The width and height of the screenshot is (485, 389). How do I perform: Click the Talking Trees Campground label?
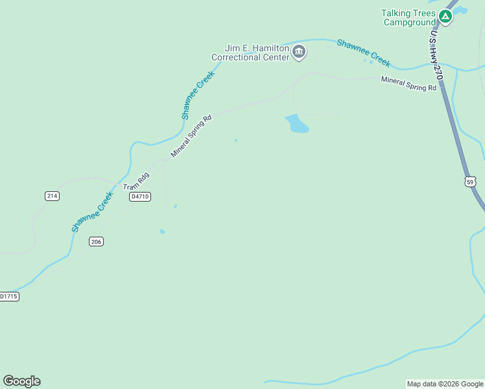[x=408, y=18]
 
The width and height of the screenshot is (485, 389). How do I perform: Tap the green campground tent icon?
[x=445, y=16]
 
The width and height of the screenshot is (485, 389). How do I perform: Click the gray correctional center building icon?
[x=298, y=52]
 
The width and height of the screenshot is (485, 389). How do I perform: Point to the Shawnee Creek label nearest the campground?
[x=364, y=53]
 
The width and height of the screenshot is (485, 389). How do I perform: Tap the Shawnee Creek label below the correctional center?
[x=198, y=95]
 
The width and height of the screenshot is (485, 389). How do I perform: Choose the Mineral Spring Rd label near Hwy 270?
[x=408, y=84]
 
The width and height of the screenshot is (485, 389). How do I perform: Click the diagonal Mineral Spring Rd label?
[x=191, y=136]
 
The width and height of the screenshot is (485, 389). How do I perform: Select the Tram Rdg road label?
[x=137, y=181]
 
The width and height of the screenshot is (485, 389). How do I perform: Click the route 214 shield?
[x=52, y=196]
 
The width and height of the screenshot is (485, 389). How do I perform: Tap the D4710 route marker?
[x=139, y=196]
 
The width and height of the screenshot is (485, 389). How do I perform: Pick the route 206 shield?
[x=96, y=241]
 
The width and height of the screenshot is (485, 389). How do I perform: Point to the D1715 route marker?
[x=8, y=296]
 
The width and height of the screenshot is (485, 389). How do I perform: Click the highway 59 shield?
[x=470, y=182]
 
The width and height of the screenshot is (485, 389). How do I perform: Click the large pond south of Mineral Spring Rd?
[x=297, y=123]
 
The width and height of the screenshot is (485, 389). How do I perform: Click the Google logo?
[x=21, y=381]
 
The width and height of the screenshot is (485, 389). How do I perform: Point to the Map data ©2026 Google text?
[x=445, y=384]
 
